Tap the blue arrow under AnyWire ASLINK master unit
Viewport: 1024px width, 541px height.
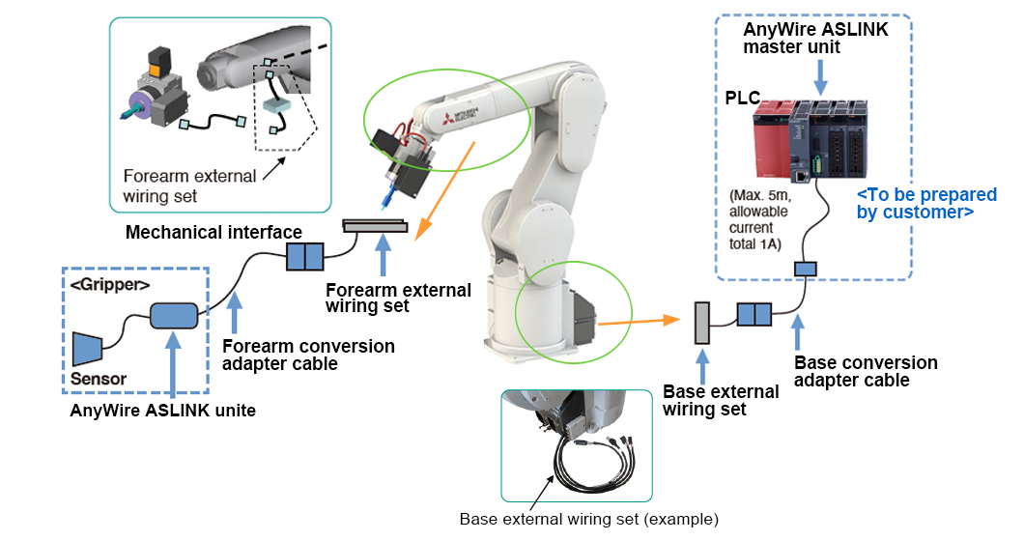pos(819,76)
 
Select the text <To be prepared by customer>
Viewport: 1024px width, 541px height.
pos(914,204)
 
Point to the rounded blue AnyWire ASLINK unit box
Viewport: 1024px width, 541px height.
pos(173,315)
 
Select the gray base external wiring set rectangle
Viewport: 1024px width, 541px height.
pos(702,323)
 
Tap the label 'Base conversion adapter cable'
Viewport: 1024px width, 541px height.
pos(865,371)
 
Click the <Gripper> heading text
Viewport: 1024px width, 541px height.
pos(108,285)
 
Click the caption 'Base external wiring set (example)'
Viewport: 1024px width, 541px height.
pos(588,519)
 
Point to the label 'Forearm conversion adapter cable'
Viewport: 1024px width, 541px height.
pos(308,355)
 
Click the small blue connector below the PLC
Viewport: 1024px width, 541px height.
pos(806,267)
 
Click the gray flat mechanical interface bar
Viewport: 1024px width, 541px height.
pos(376,226)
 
